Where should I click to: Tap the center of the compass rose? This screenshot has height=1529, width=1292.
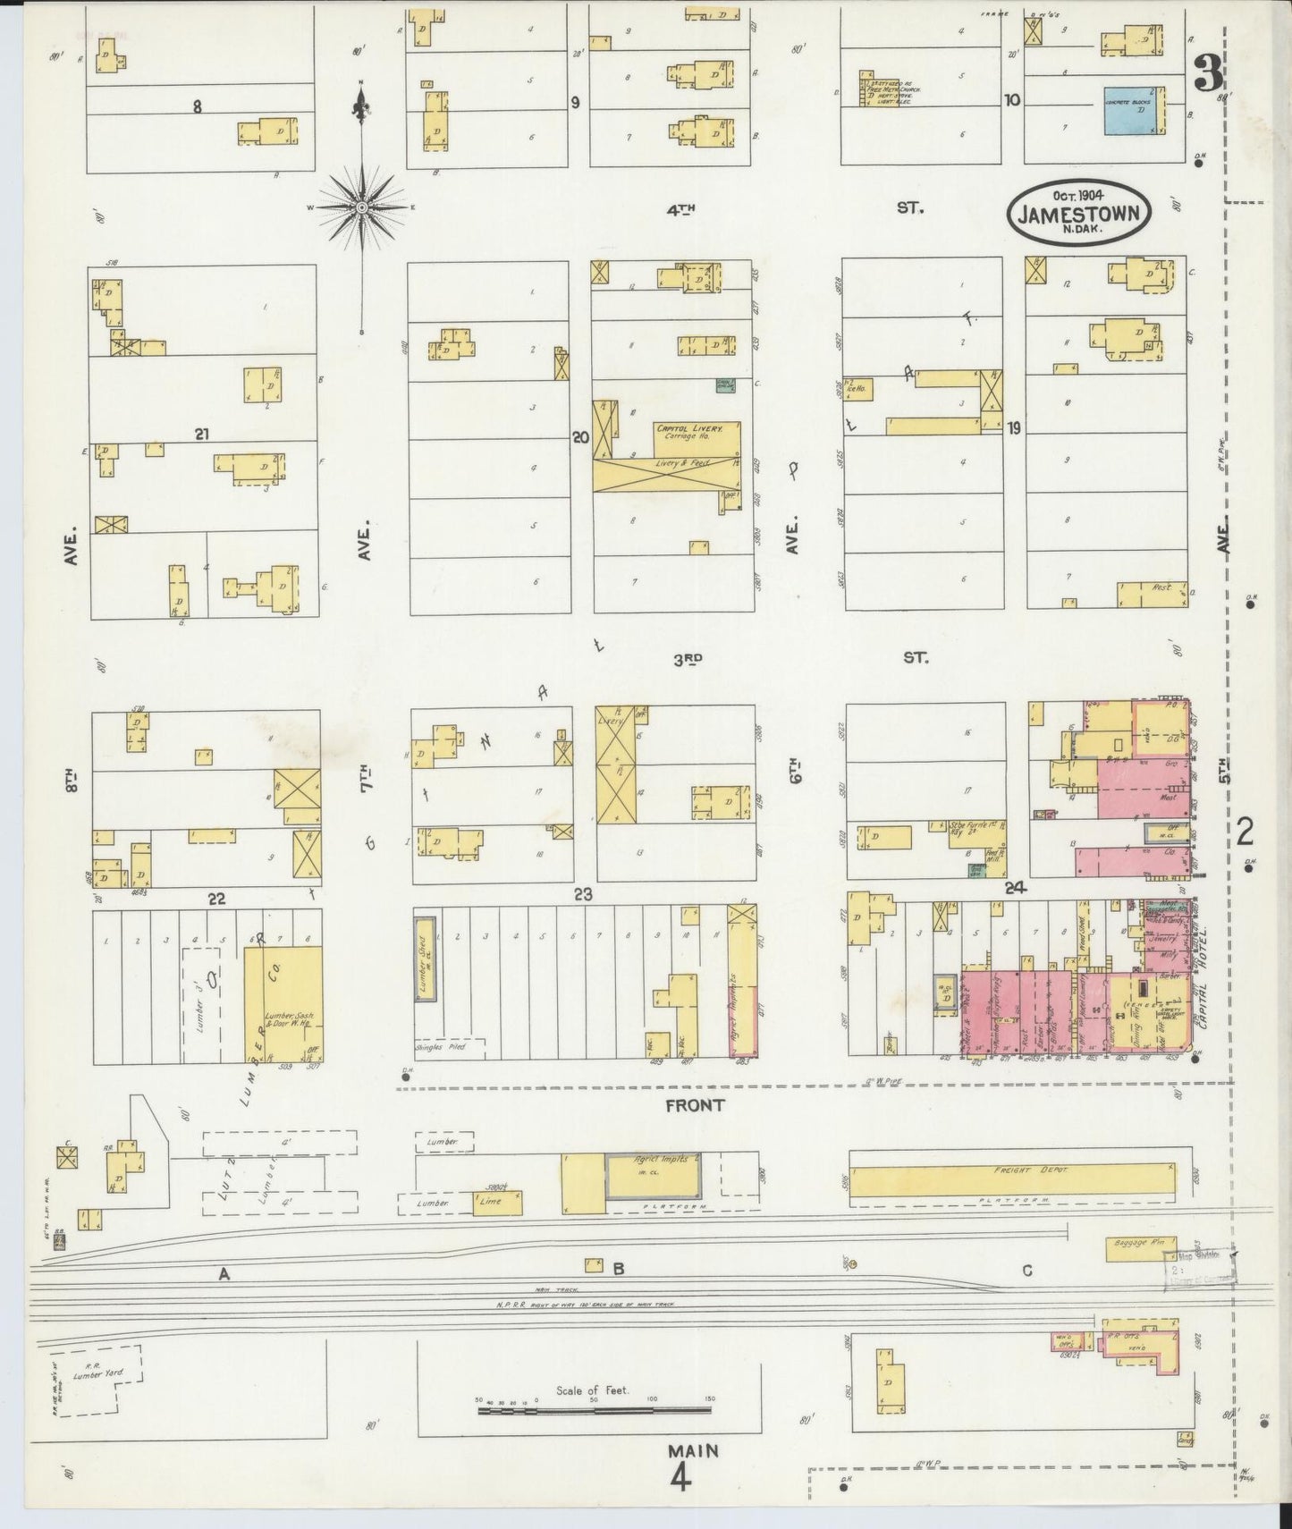[x=362, y=207]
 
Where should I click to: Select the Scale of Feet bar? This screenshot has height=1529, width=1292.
[x=594, y=1409]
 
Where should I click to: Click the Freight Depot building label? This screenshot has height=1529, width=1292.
[x=1013, y=1170]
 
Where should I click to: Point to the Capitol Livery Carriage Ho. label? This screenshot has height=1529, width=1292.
[x=686, y=432]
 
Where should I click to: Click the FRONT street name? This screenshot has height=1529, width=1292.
[x=695, y=1105]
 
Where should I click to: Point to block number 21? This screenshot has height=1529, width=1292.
[x=201, y=434]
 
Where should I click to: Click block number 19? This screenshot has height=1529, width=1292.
[x=1013, y=428]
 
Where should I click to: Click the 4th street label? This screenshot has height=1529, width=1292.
[x=681, y=209]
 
